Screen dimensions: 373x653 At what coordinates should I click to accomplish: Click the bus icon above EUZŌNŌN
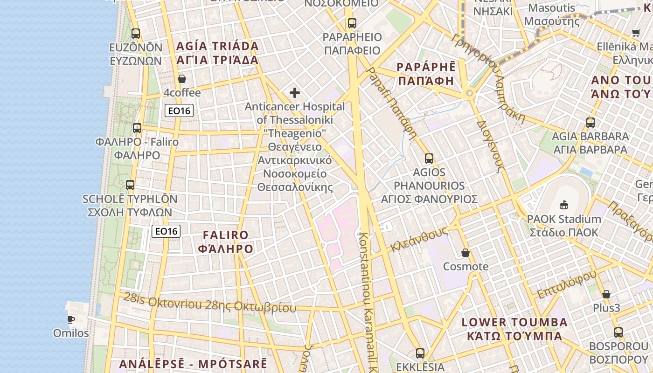[135, 34]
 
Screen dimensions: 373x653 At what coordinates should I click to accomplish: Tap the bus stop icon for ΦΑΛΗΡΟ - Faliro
[137, 128]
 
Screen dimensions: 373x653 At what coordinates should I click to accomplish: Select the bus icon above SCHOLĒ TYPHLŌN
[130, 185]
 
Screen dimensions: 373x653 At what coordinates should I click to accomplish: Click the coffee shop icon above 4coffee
[182, 79]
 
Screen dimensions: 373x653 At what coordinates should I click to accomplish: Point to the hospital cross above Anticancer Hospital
[295, 93]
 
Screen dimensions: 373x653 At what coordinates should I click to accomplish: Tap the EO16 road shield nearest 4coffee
[179, 111]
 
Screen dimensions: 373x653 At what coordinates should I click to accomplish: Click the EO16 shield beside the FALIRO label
[166, 231]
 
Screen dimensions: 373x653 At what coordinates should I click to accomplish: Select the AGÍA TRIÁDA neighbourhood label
[217, 53]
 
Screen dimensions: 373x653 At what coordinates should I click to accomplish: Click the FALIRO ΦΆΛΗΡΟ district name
[226, 242]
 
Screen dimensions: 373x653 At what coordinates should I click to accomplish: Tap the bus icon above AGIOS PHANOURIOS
[429, 159]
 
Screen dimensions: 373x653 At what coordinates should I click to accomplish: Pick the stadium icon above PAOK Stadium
[563, 205]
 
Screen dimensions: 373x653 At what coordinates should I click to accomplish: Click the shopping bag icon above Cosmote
[465, 253]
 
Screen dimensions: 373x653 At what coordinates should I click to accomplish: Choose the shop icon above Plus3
[606, 294]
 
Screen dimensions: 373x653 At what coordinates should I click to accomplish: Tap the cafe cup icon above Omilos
[70, 319]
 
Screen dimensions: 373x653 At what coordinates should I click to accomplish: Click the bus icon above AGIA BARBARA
[590, 123]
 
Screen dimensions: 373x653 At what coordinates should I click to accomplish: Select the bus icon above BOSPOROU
[618, 332]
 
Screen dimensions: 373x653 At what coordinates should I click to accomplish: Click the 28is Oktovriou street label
[209, 304]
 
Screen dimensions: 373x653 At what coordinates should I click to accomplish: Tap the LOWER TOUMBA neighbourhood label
[514, 329]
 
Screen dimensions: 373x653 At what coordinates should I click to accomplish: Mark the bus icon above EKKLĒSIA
[420, 353]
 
